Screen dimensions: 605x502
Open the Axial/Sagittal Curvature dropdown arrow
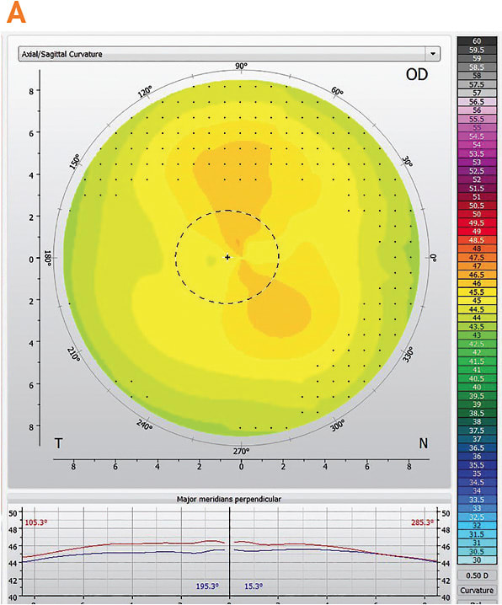click(433, 53)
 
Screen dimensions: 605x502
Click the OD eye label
click(417, 74)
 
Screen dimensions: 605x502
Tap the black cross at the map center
click(227, 256)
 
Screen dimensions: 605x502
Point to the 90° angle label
click(241, 67)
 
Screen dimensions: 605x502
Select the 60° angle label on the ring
click(337, 92)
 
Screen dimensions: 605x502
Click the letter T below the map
click(59, 442)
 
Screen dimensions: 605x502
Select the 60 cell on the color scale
click(477, 41)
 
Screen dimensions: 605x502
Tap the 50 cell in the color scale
click(477, 214)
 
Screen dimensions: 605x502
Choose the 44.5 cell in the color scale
click(477, 309)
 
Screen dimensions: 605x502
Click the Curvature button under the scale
click(477, 590)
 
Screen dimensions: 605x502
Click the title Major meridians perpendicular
click(229, 499)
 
